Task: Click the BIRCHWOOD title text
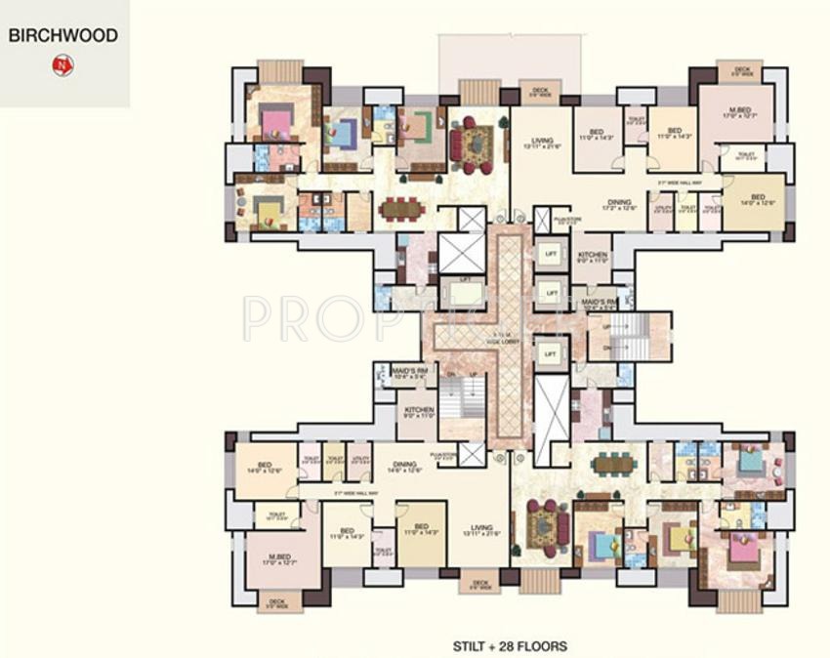63,35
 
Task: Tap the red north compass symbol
63,65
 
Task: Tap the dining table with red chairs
402,208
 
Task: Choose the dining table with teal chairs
615,464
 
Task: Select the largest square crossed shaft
461,253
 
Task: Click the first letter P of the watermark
256,317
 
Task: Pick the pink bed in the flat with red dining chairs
276,122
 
